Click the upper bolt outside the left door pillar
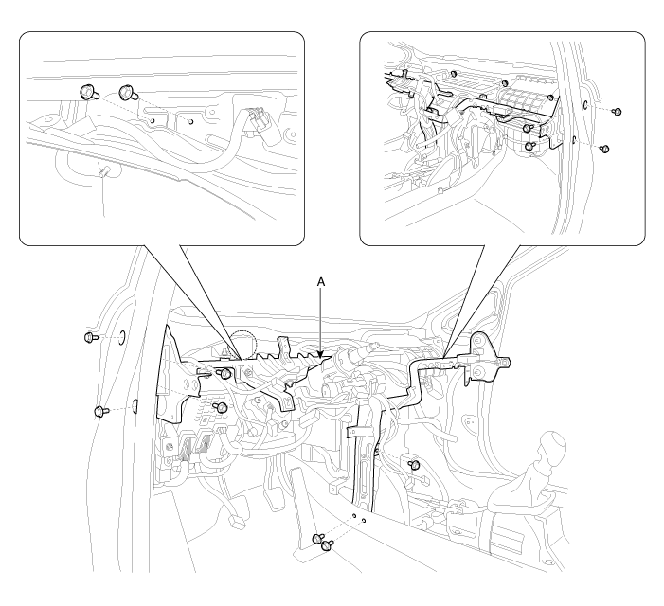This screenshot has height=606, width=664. (90, 336)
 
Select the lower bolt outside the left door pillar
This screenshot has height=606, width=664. (99, 410)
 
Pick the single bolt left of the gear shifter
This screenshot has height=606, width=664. (415, 465)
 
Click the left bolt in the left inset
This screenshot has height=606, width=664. (86, 92)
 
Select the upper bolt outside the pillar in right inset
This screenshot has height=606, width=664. (617, 112)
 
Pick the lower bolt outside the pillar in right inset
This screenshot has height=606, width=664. (605, 149)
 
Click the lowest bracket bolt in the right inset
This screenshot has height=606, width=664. (531, 147)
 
